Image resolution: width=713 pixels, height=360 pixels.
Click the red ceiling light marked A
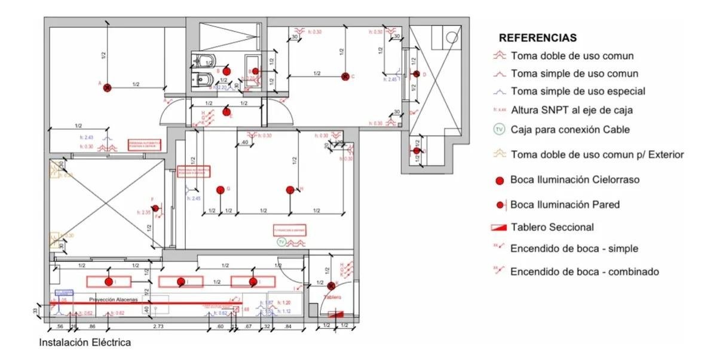coord(107,87)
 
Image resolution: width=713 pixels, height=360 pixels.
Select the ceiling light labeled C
coord(345,76)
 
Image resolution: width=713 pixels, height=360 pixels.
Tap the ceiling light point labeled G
coord(220,190)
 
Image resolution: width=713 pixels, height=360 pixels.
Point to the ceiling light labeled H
coord(290,190)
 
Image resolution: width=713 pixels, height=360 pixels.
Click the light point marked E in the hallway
coord(226,112)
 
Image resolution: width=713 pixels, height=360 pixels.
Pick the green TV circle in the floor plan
coord(281,242)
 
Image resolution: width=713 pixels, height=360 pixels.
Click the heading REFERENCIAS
coord(538,38)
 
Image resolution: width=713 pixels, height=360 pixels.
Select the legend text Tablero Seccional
coord(552,227)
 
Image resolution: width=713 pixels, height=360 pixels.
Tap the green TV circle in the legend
coord(500,129)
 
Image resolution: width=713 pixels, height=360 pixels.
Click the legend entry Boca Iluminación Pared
coord(565,205)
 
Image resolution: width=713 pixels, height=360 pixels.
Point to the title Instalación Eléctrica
coord(85,343)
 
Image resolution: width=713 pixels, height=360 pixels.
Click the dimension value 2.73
coord(158,327)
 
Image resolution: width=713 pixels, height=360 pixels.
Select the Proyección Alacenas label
coord(114,299)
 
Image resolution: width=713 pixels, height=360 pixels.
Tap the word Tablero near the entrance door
coord(332,297)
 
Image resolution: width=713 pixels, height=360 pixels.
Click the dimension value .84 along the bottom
coord(289,327)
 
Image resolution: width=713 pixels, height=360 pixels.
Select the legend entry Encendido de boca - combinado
coord(584,271)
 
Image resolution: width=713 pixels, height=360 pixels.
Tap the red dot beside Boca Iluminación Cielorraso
coord(500,180)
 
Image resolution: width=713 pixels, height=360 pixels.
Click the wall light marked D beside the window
coord(417,74)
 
